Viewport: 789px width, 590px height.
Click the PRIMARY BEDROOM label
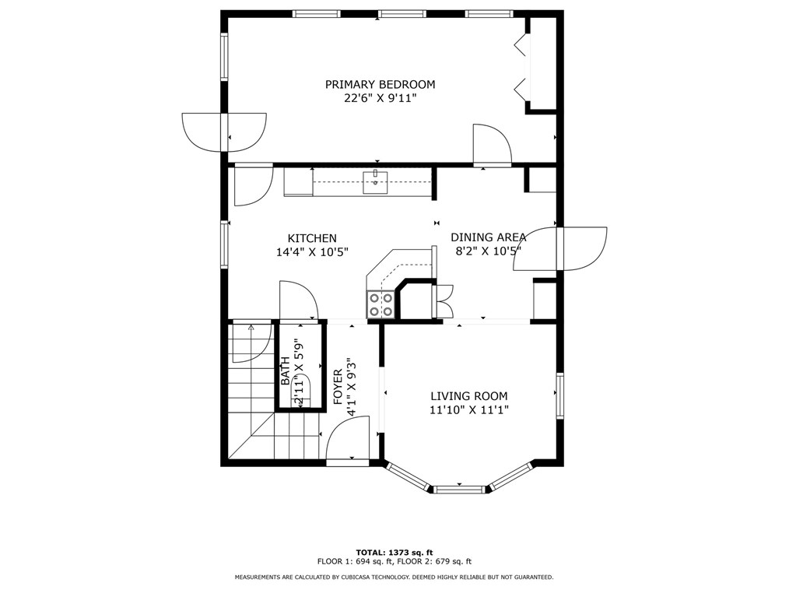[x=380, y=84]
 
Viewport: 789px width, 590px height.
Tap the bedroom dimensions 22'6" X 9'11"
[x=381, y=98]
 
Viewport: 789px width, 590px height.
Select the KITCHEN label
[x=312, y=238]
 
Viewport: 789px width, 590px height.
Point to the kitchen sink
[x=375, y=182]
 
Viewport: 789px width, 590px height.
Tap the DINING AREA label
[x=488, y=237]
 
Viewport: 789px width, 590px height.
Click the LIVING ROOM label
[x=469, y=396]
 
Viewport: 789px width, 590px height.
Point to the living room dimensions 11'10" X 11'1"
[x=469, y=410]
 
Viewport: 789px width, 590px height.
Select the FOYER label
[x=338, y=387]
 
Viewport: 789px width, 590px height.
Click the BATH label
[x=285, y=371]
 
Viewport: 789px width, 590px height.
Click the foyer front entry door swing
[x=348, y=438]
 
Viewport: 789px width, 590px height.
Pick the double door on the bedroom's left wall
[x=224, y=132]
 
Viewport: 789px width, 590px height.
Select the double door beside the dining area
[x=560, y=249]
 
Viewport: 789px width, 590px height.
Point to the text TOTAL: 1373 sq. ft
[x=394, y=552]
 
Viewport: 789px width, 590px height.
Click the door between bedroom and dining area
[x=492, y=145]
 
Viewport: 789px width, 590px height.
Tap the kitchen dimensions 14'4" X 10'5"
[x=313, y=252]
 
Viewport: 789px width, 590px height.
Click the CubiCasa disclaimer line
[x=394, y=577]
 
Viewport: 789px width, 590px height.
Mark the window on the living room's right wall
[x=559, y=395]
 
